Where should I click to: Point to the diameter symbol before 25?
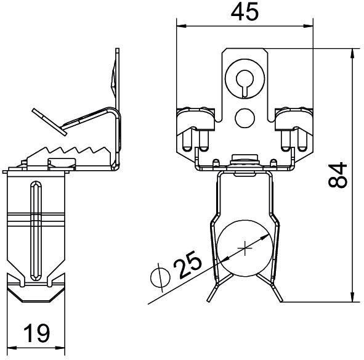[x=159, y=279]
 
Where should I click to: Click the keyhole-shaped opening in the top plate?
[x=245, y=79]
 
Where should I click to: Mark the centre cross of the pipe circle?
[x=246, y=249]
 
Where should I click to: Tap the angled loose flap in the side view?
[x=48, y=120]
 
